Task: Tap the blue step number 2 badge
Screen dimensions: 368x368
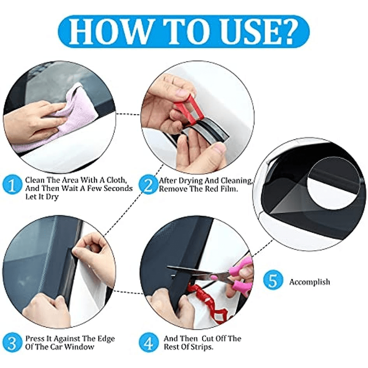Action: coord(148,185)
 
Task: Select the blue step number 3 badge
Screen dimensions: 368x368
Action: coord(12,343)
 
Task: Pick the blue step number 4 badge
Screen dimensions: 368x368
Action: coord(148,343)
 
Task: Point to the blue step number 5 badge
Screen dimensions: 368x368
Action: coord(272,280)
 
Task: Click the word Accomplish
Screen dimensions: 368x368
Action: coord(310,282)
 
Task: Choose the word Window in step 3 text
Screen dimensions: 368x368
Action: coord(79,347)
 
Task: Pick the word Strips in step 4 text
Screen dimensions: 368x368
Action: coord(200,347)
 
